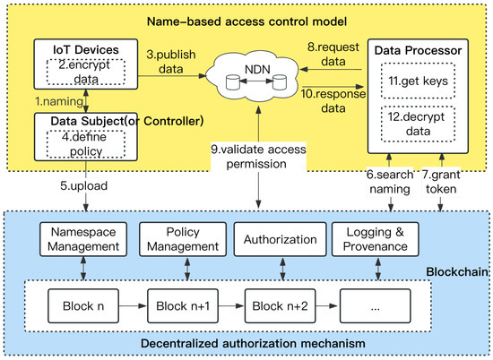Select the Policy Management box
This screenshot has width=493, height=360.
coord(179,239)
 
